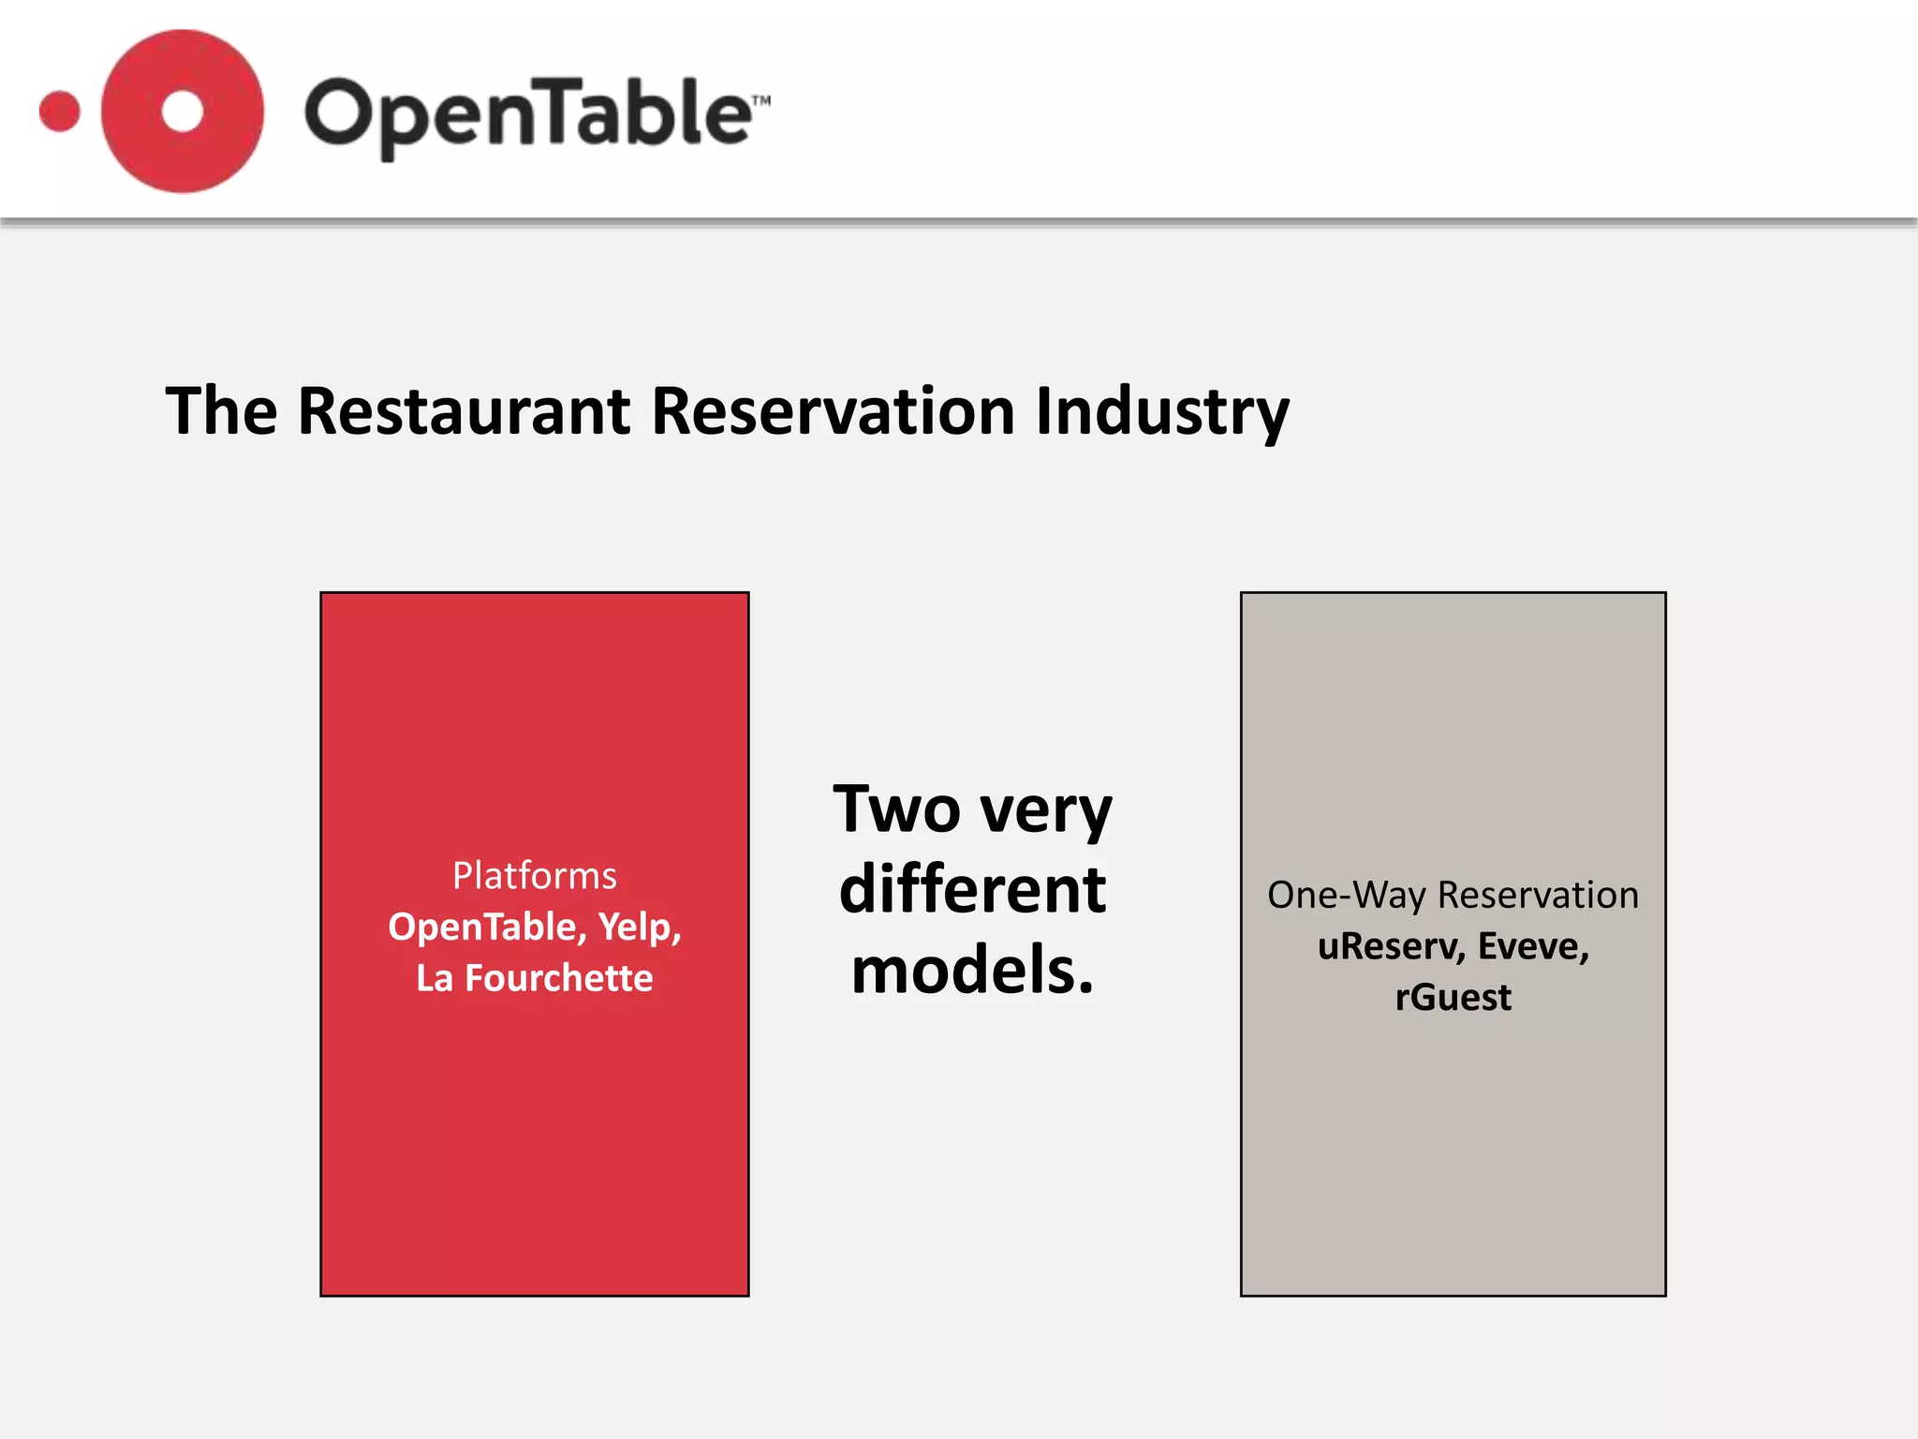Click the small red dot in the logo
pyautogui.click(x=60, y=112)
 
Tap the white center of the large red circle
pyautogui.click(x=182, y=111)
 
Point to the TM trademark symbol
pyautogui.click(x=760, y=100)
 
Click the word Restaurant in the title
pyautogui.click(x=464, y=411)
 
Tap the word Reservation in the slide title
pyautogui.click(x=834, y=411)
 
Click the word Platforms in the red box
pyautogui.click(x=535, y=876)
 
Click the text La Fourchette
pyautogui.click(x=535, y=978)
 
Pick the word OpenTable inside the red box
pyautogui.click(x=487, y=927)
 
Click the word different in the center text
pyautogui.click(x=972, y=890)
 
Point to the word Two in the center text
pyautogui.click(x=896, y=809)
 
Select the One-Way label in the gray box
pyautogui.click(x=1348, y=896)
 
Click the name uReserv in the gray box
pyautogui.click(x=1390, y=947)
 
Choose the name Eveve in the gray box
pyautogui.click(x=1533, y=947)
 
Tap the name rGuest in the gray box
pyautogui.click(x=1453, y=998)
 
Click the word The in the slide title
pyautogui.click(x=222, y=411)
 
